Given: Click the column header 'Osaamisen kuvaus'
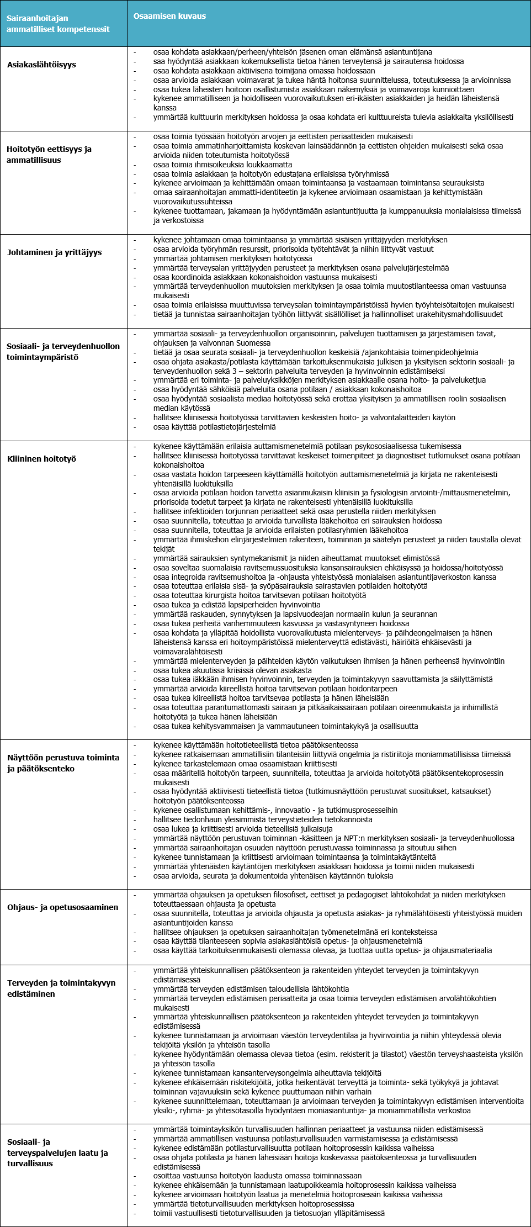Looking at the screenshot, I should click(169, 16).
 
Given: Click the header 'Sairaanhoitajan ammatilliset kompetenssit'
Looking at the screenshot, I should click(58, 24).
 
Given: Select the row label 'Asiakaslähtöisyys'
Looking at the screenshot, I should click(41, 65).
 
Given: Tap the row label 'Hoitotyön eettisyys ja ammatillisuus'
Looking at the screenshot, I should click(49, 155).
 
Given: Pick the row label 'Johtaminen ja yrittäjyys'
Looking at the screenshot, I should click(55, 252).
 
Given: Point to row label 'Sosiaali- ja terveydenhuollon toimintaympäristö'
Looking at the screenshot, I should click(63, 352).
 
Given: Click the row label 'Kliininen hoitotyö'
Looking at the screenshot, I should click(41, 459).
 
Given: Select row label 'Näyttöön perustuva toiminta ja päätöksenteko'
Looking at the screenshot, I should click(63, 763).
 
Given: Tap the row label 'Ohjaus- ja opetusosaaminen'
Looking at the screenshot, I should click(62, 907).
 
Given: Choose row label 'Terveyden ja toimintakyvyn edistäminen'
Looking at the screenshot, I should click(61, 988).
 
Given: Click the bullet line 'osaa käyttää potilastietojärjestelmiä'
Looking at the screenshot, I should click(214, 427).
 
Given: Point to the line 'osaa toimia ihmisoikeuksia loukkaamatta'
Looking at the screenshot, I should click(222, 165).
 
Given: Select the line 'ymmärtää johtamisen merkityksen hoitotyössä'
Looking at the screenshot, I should click(232, 258).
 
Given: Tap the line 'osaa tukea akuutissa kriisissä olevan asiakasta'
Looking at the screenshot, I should click(232, 670).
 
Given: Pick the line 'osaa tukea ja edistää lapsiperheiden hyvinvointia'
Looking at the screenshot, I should click(236, 605).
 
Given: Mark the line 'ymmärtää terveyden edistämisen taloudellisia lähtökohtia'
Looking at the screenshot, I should click(251, 989).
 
